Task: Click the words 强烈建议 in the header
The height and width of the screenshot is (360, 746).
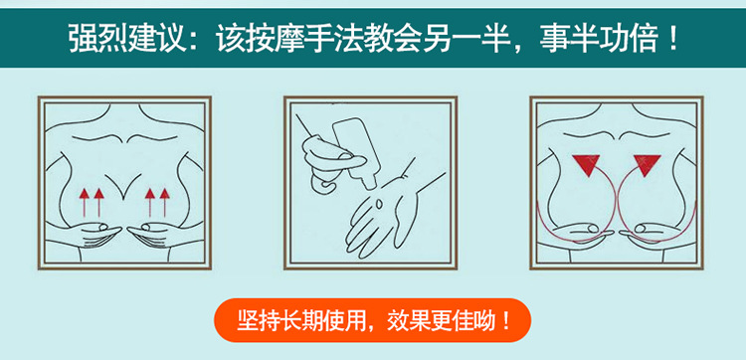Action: click(127, 38)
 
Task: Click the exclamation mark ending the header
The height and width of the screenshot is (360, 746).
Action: click(672, 38)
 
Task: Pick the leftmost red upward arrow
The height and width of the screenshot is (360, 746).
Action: click(85, 203)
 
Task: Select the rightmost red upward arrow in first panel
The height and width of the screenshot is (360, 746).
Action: click(164, 203)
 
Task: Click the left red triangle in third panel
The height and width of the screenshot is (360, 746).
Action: click(586, 164)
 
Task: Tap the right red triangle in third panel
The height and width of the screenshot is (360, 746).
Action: click(647, 164)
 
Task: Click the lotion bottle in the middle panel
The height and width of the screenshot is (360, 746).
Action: click(355, 151)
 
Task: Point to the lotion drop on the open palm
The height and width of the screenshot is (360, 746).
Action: click(380, 205)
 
